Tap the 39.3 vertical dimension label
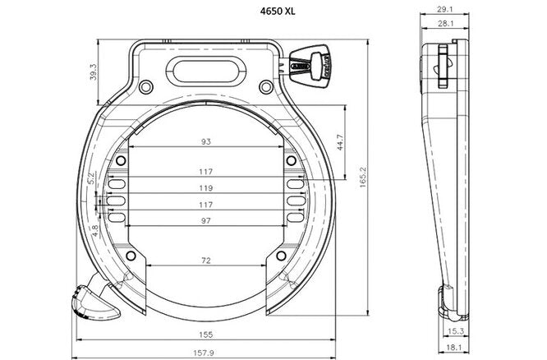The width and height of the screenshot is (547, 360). (94, 73)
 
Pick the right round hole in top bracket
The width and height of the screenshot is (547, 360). (264, 87)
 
